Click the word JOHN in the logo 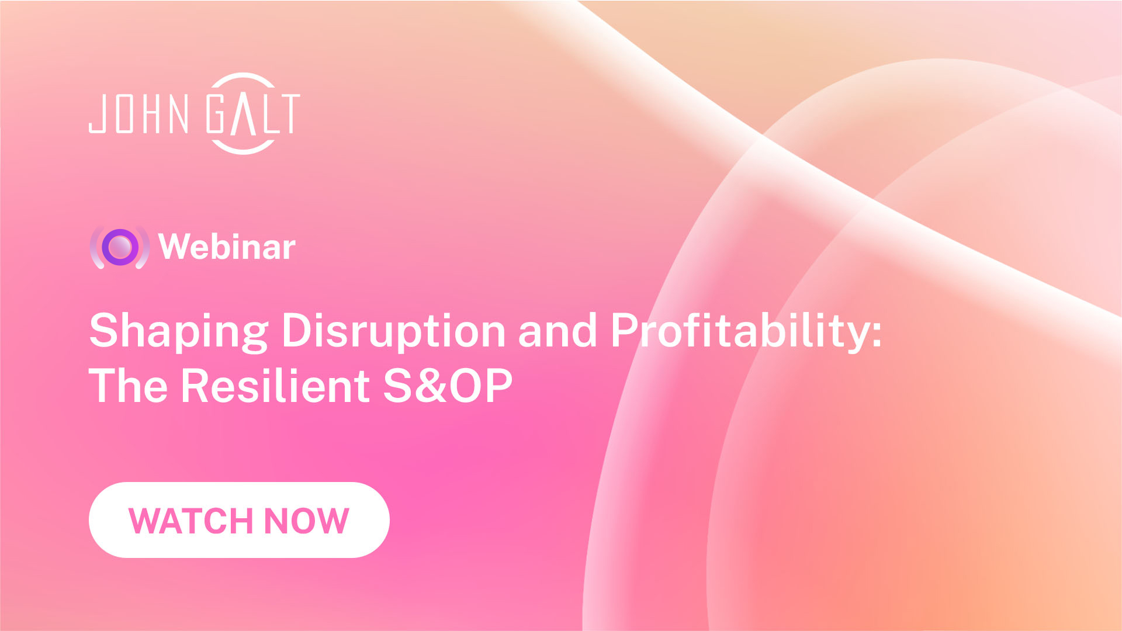(x=138, y=113)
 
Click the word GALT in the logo (x=254, y=113)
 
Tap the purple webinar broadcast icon (x=120, y=247)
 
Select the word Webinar (x=227, y=247)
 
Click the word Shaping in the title (x=178, y=331)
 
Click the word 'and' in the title (x=557, y=331)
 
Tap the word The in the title (x=128, y=386)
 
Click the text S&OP (x=448, y=386)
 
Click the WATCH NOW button (x=239, y=520)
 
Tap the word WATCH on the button (x=191, y=521)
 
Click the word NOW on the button (x=306, y=521)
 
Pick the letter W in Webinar (x=178, y=247)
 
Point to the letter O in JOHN (x=124, y=113)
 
